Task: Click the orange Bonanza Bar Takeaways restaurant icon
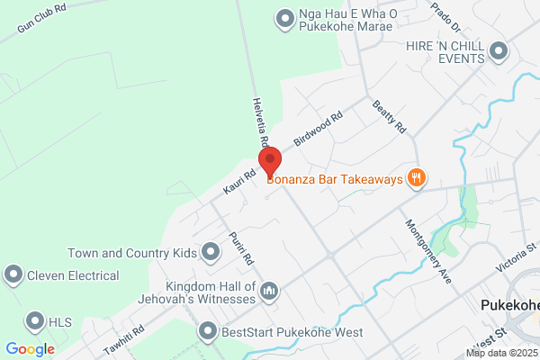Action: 415,178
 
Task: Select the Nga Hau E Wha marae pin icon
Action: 285,17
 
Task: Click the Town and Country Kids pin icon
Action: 211,251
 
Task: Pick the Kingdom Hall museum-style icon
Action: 268,290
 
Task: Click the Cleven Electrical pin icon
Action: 13,273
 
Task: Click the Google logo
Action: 30,349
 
